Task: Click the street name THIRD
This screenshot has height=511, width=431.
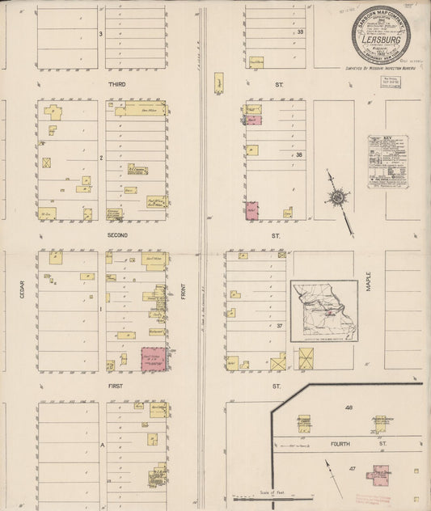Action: pos(118,82)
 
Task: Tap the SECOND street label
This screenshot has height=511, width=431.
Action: pos(118,234)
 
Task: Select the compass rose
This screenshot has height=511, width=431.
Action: pos(337,197)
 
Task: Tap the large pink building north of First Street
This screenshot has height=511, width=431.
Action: pos(154,359)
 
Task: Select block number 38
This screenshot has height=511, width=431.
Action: pos(299,155)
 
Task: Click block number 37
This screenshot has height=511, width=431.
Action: pos(279,326)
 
